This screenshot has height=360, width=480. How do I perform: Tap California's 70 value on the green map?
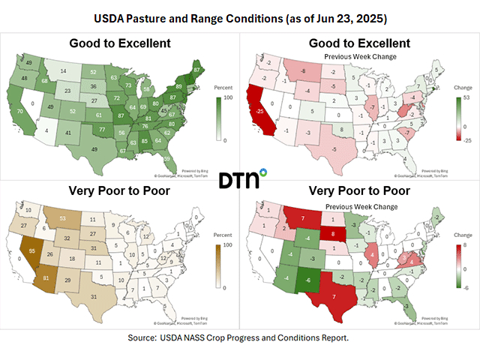[x=20, y=111]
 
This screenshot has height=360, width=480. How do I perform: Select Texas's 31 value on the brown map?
[x=93, y=297]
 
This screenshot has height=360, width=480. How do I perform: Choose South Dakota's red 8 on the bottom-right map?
[x=333, y=234]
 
